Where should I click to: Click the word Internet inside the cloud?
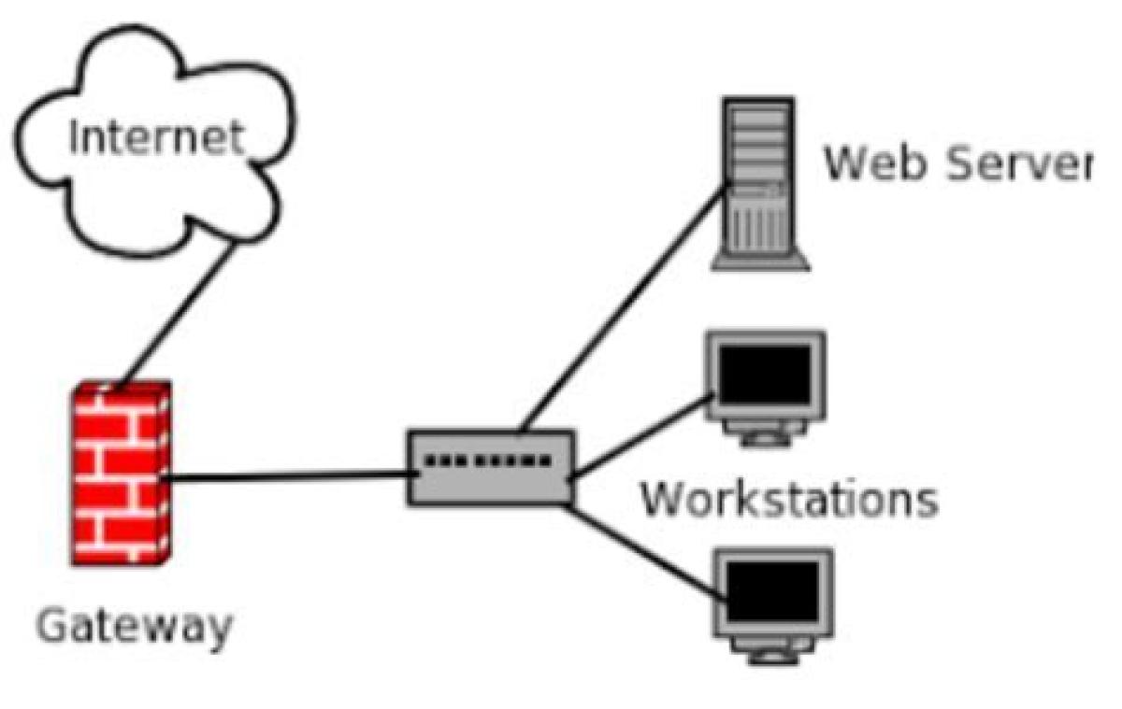(156, 137)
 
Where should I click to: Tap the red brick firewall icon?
(121, 472)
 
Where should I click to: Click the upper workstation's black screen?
(762, 371)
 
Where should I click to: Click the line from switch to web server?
(622, 308)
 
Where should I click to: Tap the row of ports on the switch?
(487, 461)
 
